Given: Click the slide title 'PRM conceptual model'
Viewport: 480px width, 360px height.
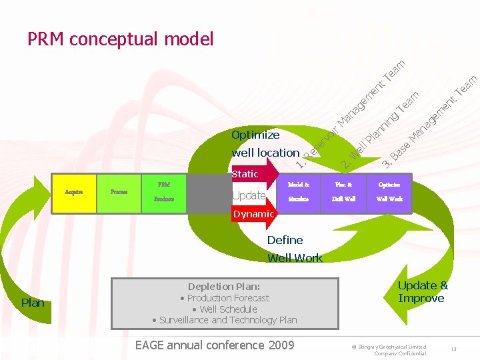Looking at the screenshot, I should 120,39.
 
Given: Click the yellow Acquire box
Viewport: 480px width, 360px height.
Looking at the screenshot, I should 74,192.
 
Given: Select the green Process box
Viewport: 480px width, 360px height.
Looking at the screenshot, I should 119,192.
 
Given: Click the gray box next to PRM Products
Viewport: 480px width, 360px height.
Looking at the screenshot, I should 207,193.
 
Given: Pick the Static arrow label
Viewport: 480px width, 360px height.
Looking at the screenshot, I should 245,174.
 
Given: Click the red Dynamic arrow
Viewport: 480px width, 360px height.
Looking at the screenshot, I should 253,214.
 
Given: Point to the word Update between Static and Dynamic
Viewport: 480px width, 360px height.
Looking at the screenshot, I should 249,195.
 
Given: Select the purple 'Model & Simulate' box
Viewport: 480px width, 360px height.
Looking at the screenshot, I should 299,192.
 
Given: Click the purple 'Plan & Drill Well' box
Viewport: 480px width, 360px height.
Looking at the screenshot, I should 344,192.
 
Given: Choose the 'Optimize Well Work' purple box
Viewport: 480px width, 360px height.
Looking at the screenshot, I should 389,192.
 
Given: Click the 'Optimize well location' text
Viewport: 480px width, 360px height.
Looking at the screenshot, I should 265,144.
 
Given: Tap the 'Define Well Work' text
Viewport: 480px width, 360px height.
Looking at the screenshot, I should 294,249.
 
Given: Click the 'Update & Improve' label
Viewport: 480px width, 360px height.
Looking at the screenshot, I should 423,292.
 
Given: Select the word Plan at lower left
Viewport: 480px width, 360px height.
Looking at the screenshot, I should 33,303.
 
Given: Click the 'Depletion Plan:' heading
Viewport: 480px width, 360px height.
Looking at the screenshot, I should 224,287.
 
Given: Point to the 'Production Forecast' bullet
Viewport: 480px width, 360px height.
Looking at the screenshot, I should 225,298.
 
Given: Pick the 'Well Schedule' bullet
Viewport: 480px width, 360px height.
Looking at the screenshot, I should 224,309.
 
